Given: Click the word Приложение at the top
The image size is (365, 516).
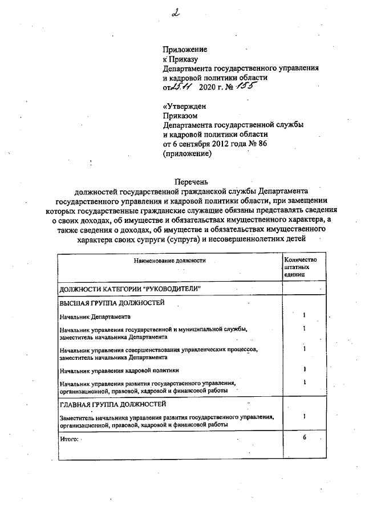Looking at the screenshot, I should point(185,50).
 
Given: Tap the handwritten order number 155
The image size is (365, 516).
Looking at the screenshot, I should point(246,87).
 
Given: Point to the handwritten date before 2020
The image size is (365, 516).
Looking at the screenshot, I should point(182,87).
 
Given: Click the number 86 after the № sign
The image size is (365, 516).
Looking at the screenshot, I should point(262,143).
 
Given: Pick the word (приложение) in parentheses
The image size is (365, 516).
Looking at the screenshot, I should point(187,153).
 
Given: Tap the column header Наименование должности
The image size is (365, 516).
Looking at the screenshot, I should point(170,261).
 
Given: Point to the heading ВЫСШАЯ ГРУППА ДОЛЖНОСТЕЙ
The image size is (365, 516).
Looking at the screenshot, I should point(112,303).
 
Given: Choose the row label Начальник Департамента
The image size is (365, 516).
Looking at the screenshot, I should point(95,316).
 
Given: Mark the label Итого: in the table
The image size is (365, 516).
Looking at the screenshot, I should point(68,439).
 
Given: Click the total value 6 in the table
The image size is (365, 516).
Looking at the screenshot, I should point(305,437).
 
